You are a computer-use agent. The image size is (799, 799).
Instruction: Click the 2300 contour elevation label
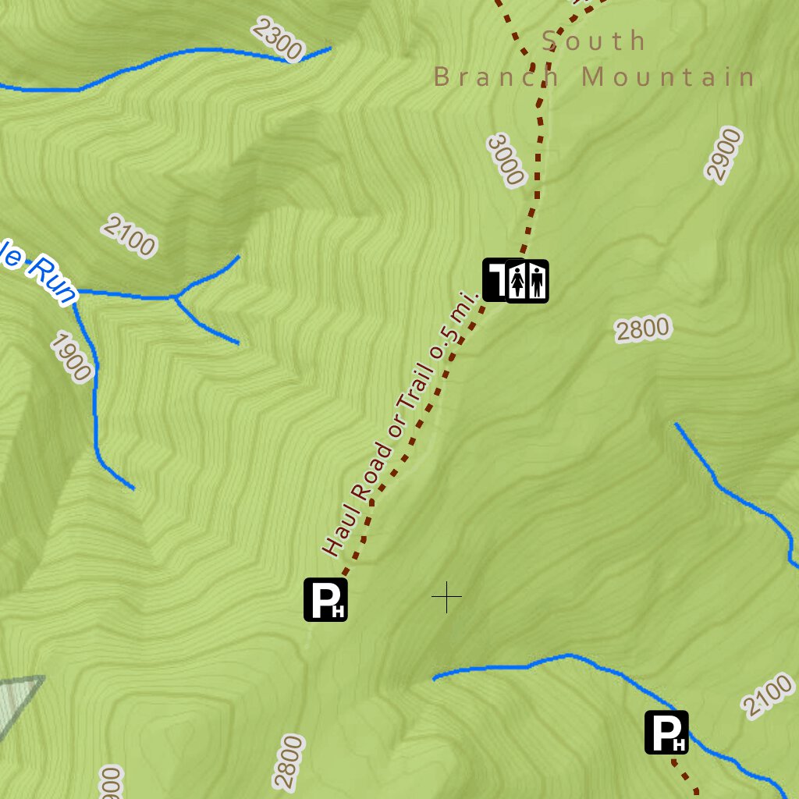(x=277, y=41)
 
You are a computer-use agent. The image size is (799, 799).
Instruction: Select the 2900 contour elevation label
(x=723, y=155)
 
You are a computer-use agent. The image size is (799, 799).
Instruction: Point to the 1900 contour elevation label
(x=72, y=357)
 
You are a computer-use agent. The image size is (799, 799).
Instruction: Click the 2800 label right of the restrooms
(x=642, y=329)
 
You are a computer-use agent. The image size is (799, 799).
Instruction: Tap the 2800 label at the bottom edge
(x=288, y=762)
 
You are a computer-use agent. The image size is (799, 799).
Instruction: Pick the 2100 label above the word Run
(x=129, y=235)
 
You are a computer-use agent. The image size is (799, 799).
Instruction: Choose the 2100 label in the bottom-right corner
(x=768, y=697)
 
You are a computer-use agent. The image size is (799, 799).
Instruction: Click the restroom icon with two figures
(x=527, y=281)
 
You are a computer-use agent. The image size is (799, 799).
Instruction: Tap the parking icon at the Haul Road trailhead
(x=325, y=599)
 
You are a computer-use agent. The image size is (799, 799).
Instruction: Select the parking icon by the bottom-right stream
(x=666, y=732)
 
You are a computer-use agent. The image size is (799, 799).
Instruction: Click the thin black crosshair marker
(x=446, y=597)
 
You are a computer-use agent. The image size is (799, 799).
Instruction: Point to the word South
(x=594, y=41)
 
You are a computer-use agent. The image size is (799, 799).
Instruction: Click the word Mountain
(x=669, y=77)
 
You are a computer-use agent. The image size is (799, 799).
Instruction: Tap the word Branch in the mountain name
(x=496, y=77)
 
